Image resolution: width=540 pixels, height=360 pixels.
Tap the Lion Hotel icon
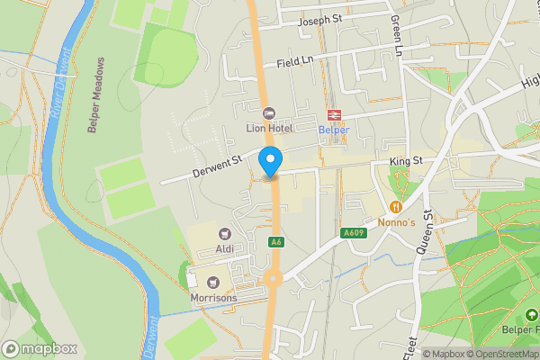coord(268,113)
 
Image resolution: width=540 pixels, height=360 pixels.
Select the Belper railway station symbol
coord(335,114)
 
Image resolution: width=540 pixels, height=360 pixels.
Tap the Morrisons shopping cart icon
coord(212,283)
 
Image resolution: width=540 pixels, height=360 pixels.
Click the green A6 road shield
coord(276,242)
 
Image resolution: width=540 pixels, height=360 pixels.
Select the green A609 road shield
coord(354,233)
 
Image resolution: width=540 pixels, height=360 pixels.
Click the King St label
coord(406,162)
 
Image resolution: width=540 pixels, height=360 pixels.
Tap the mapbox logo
coord(40,348)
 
